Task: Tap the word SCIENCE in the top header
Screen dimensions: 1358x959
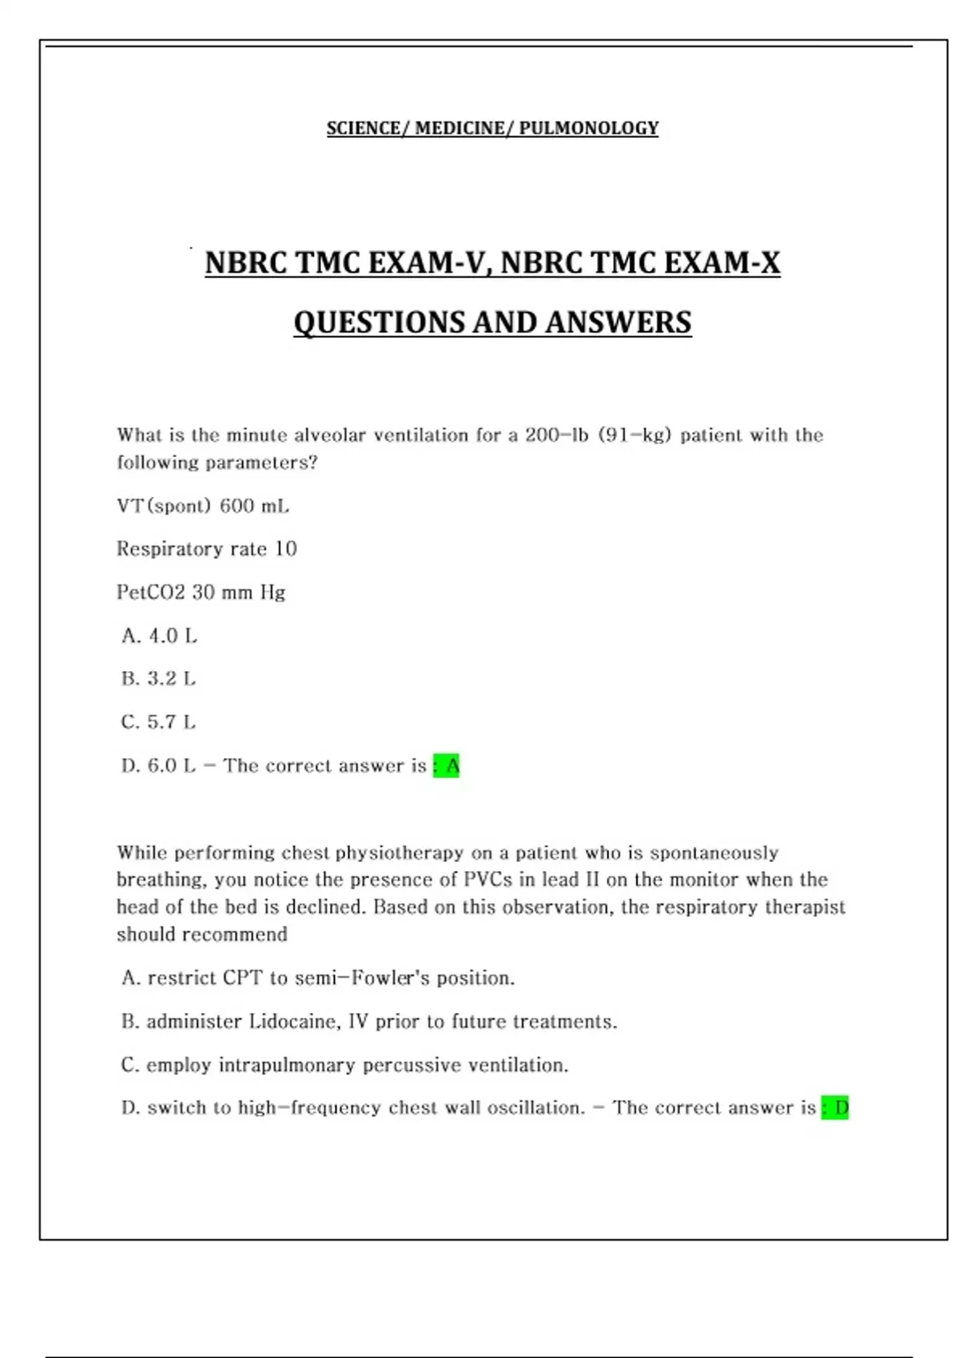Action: pyautogui.click(x=364, y=128)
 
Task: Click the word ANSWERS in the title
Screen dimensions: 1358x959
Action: pyautogui.click(x=619, y=323)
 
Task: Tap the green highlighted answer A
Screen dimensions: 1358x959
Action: pyautogui.click(x=447, y=766)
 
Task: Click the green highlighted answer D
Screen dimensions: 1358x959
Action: pyautogui.click(x=836, y=1108)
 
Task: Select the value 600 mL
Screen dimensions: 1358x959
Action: pyautogui.click(x=254, y=506)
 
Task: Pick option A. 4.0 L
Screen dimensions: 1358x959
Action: pyautogui.click(x=159, y=636)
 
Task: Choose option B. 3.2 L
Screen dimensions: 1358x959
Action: pyautogui.click(x=158, y=679)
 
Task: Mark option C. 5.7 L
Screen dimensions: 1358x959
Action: pyautogui.click(x=158, y=722)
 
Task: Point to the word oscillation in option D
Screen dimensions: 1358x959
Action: pyautogui.click(x=535, y=1108)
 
